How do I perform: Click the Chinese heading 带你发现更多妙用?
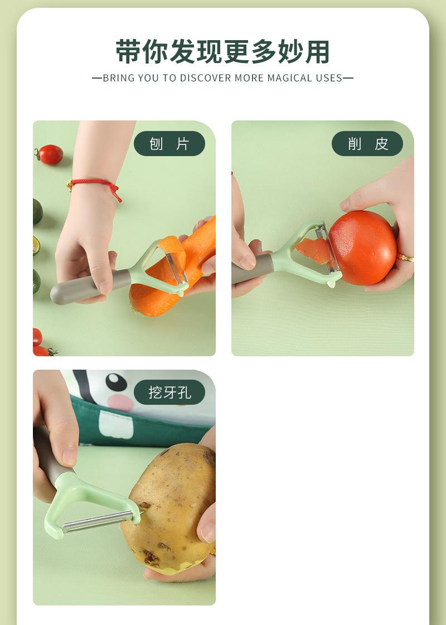[223, 52]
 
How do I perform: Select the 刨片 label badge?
[169, 144]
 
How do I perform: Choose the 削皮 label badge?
[367, 144]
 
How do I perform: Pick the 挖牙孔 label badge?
[169, 393]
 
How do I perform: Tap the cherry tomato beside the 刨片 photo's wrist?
[50, 154]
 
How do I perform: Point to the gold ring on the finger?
[405, 258]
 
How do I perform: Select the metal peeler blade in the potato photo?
[98, 522]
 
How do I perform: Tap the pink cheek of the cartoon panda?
[119, 402]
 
